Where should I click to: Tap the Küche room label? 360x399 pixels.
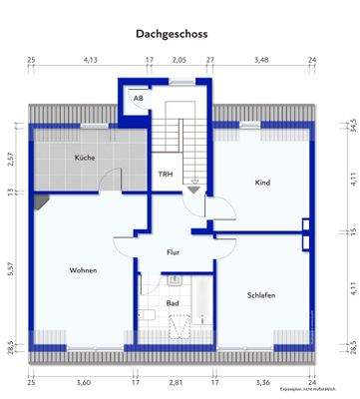point(84,159)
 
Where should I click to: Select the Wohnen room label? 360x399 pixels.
point(83,270)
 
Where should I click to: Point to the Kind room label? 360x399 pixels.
point(262,183)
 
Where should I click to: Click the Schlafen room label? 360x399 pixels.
point(260,294)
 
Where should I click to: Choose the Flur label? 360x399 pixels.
point(174,252)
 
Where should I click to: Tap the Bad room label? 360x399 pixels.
point(173,302)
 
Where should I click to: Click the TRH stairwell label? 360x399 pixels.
point(166,175)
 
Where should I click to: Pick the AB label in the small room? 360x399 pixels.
point(138,99)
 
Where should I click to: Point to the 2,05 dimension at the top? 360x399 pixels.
point(179,61)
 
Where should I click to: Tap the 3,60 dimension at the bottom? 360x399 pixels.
point(83,382)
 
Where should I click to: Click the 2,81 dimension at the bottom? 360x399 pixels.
point(175,382)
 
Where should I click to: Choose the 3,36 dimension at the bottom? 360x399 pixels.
point(262,382)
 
